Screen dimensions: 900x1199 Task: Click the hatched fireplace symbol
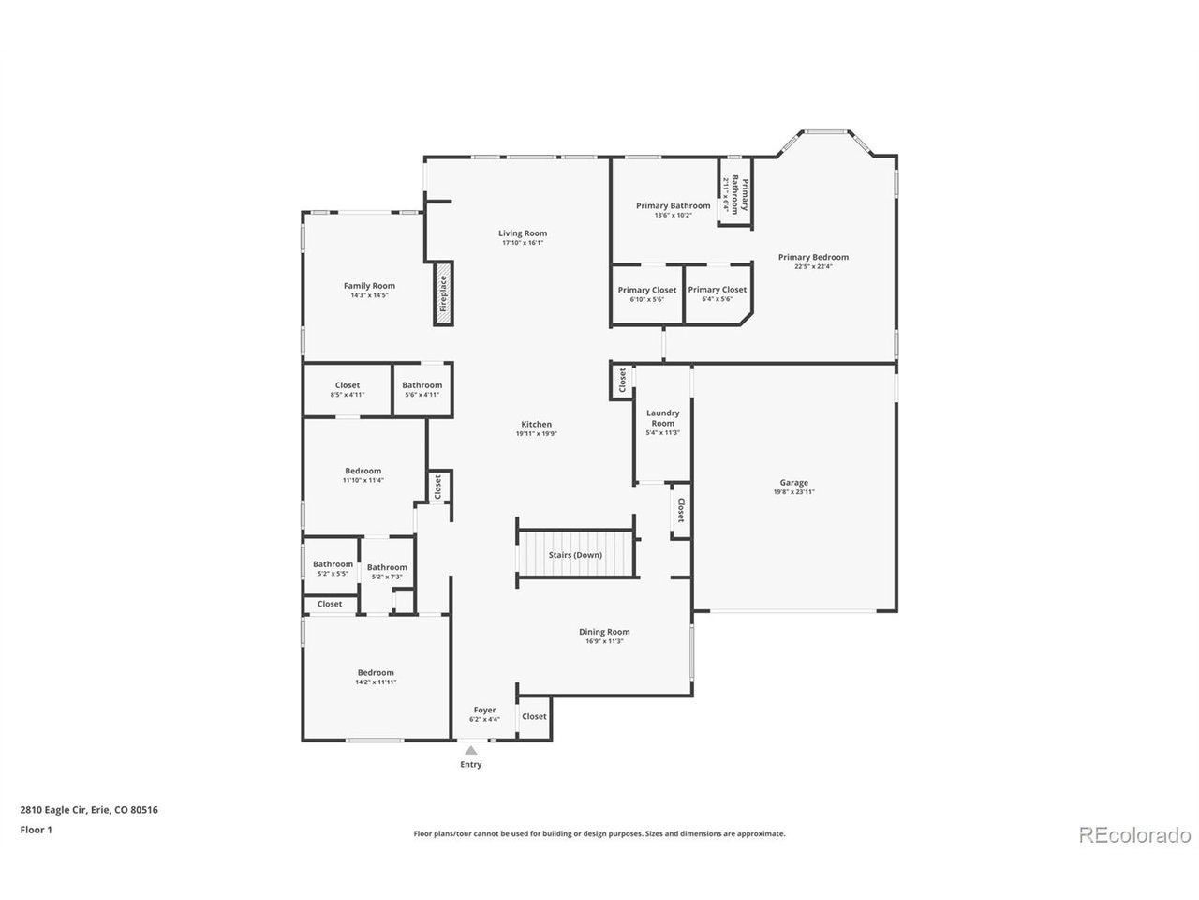point(443,294)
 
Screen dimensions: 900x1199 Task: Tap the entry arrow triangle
point(471,750)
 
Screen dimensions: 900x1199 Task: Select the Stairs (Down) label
point(575,555)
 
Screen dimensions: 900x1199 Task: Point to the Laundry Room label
point(662,417)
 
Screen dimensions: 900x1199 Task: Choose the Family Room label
point(369,286)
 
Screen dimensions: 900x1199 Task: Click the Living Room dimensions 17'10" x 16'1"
point(523,243)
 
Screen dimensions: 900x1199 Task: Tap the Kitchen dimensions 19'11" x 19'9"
point(536,434)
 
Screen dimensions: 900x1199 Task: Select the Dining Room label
point(604,632)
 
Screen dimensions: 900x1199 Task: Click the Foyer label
point(484,711)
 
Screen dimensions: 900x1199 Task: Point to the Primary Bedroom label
point(813,257)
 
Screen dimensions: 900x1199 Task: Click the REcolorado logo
point(1134,834)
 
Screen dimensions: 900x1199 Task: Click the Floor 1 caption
point(36,830)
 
